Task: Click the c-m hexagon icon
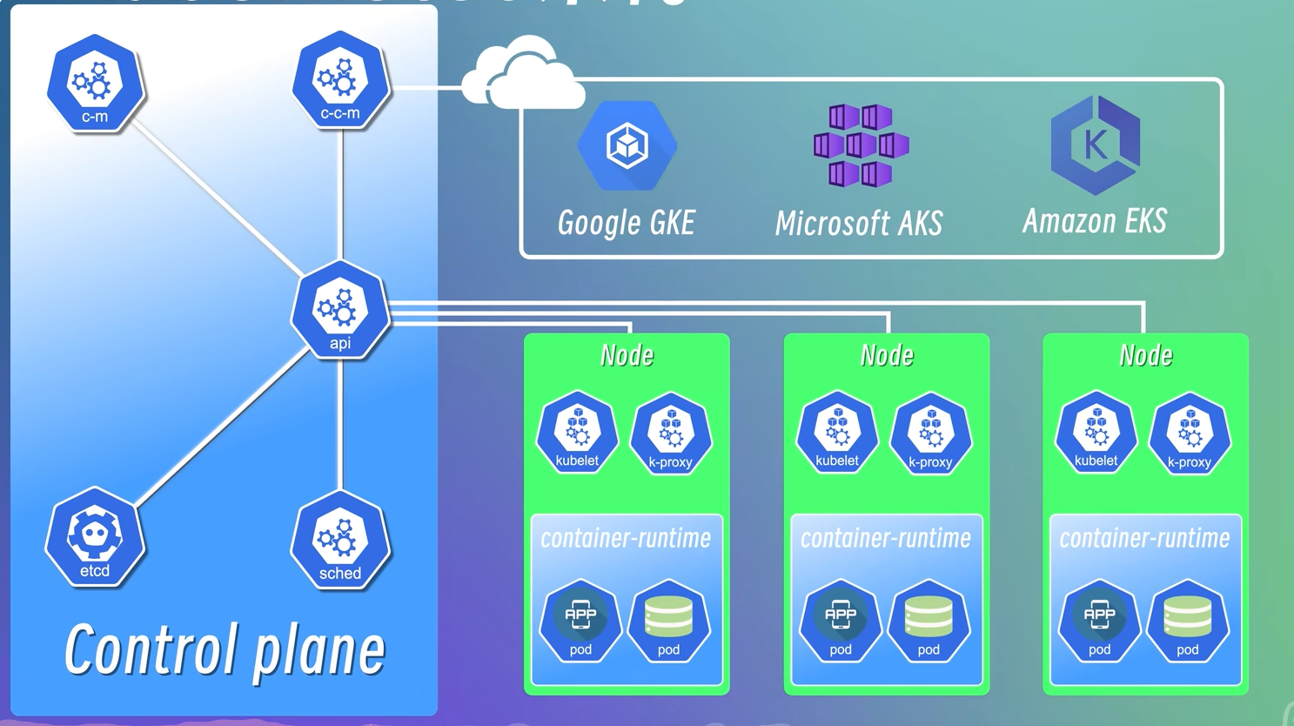(x=95, y=84)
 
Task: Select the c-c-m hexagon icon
(x=340, y=81)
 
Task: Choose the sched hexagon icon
(x=340, y=541)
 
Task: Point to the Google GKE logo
(x=627, y=145)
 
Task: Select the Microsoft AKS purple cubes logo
(x=860, y=145)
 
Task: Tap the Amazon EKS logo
(x=1095, y=145)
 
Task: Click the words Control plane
(x=225, y=650)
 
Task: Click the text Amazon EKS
(x=1094, y=221)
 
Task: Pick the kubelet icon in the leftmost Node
(x=578, y=433)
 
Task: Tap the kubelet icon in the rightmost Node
(x=1096, y=433)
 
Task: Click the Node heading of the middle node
(x=887, y=355)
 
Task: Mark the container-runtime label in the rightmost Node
(x=1144, y=538)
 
